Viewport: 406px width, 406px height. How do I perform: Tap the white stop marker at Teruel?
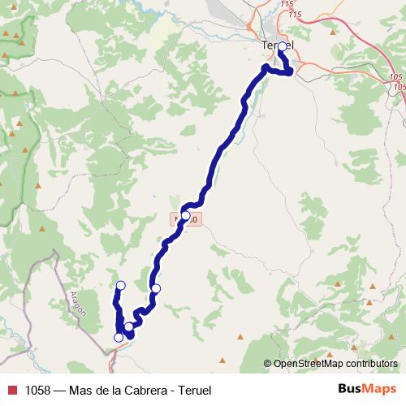(x=282, y=47)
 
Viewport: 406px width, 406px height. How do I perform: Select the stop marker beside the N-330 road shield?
(x=186, y=216)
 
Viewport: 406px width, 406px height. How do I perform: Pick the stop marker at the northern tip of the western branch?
(x=121, y=285)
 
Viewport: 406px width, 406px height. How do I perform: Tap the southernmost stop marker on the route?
(x=119, y=337)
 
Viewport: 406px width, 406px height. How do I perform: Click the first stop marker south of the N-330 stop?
(x=156, y=288)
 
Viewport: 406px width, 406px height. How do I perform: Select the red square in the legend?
(x=11, y=391)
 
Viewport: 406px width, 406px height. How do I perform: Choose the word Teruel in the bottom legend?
(x=194, y=391)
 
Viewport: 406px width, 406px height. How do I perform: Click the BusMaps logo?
(x=367, y=389)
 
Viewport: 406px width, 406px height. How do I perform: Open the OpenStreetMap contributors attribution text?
(x=335, y=365)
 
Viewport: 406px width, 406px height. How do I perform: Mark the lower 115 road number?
(x=295, y=15)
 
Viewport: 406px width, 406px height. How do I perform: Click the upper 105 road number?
(x=395, y=76)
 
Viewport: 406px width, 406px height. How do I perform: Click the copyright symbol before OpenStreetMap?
(x=268, y=365)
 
